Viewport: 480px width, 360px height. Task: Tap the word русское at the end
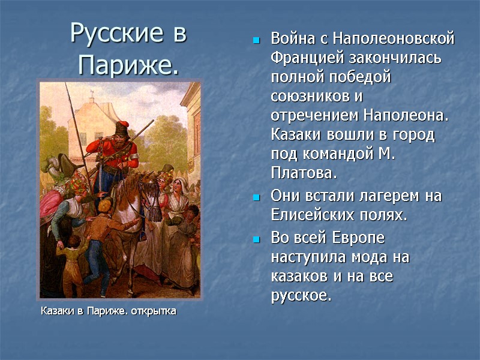[x=300, y=295]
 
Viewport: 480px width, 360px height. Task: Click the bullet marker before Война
[x=256, y=41]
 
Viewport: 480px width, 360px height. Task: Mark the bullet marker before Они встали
[x=256, y=197]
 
